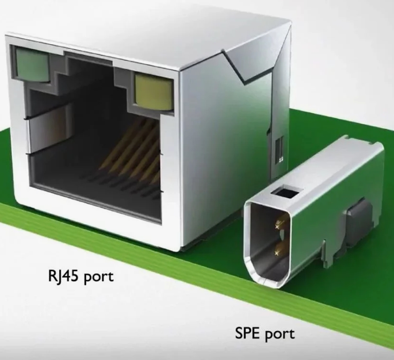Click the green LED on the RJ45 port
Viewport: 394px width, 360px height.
(32, 65)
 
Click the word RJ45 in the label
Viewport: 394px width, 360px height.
(64, 276)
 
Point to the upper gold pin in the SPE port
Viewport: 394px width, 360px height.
(280, 224)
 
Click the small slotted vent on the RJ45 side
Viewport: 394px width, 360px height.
(280, 150)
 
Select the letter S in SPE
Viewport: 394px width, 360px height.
(239, 333)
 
